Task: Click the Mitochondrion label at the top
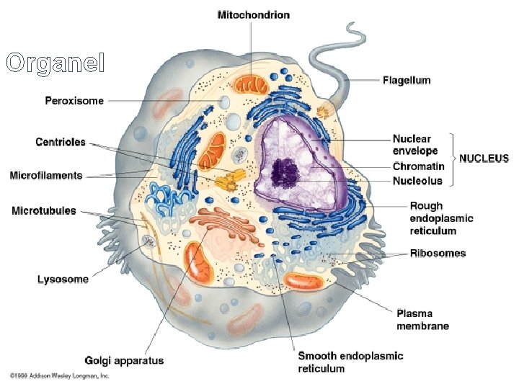254,15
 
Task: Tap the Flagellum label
407,81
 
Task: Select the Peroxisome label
75,101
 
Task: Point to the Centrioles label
61,142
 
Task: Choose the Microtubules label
44,210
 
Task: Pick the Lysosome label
63,279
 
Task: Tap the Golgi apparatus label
124,360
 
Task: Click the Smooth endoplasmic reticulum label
350,362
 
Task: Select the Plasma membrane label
422,319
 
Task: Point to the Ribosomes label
438,253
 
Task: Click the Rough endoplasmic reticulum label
441,218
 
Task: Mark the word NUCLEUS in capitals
484,158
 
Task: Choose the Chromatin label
418,166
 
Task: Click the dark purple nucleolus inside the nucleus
285,171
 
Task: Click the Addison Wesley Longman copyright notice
59,376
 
